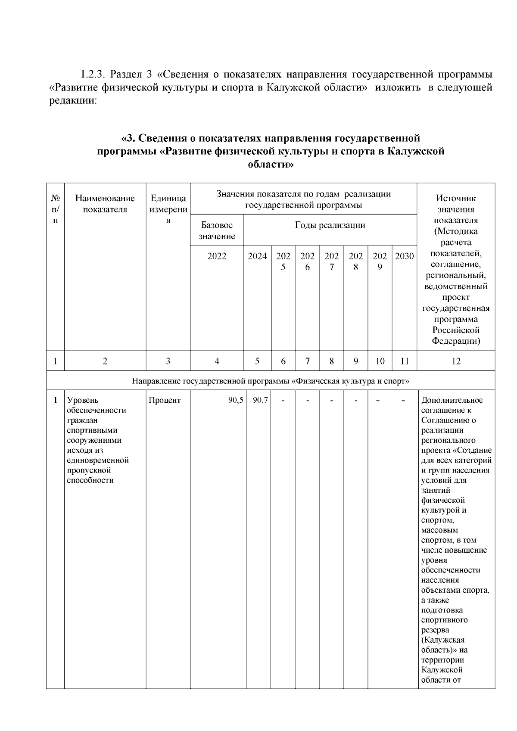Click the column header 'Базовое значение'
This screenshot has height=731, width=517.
pos(217,230)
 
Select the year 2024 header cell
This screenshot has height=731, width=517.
pos(257,256)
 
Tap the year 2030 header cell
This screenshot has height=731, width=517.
pos(404,256)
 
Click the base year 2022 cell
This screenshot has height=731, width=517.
pos(217,256)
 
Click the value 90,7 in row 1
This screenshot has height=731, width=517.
pos(260,400)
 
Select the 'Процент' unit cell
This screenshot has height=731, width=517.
pos(165,400)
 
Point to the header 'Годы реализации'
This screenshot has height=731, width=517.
pos(330,225)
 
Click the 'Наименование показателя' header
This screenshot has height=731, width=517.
pos(105,204)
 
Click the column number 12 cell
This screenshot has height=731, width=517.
pos(456,361)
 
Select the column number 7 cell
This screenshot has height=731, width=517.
pos(307,361)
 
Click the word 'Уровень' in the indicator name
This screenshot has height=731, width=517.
pos(83,400)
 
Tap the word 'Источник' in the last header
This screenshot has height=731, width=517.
pos(456,199)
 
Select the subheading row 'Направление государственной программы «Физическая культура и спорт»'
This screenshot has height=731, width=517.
pos(270,381)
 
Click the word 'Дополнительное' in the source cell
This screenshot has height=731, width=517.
pos(452,400)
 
